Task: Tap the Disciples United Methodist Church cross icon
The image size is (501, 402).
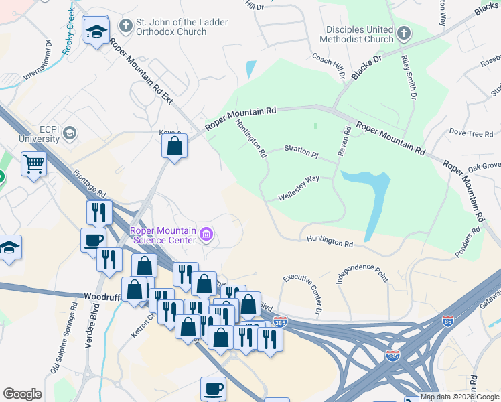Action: (403, 33)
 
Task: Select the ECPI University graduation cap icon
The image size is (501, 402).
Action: (69, 133)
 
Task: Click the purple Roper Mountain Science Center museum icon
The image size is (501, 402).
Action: (206, 235)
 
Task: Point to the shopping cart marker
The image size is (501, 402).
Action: (33, 163)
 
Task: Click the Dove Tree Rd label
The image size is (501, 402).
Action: (471, 133)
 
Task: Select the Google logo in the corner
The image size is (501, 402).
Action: (23, 394)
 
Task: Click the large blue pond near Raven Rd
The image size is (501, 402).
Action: (367, 191)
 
